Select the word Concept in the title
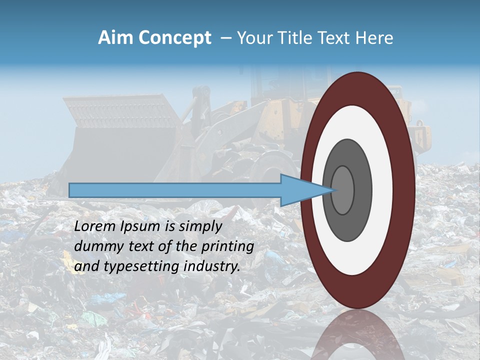tap(174, 38)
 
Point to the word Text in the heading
tap(338, 38)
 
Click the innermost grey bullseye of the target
tap(342, 190)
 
